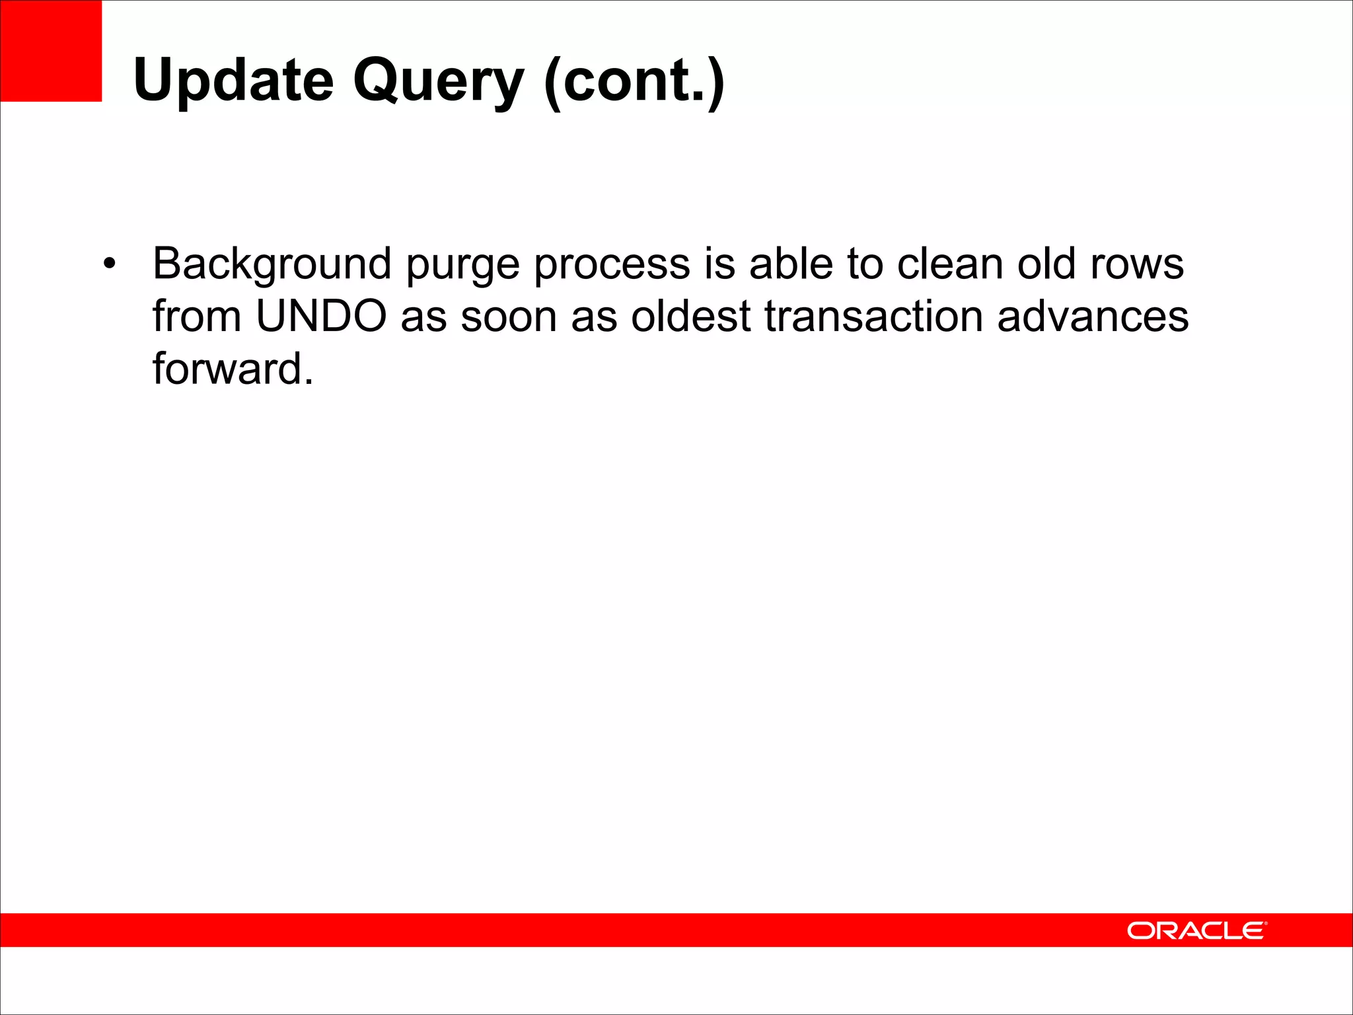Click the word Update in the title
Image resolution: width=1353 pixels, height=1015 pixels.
coord(233,81)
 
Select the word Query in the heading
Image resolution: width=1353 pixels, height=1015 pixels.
coord(438,81)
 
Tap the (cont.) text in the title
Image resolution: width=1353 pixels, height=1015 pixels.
coord(634,81)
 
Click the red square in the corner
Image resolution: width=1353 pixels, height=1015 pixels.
coord(51,51)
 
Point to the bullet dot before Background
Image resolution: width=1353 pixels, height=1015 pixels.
coord(109,264)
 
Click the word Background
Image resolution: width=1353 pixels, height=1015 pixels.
coord(272,264)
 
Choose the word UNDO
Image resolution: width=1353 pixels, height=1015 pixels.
coord(321,316)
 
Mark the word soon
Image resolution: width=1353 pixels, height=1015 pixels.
coord(509,317)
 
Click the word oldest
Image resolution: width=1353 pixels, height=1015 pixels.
coord(690,316)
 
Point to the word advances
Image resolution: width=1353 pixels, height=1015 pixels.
coord(1093,317)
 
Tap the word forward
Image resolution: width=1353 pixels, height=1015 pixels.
coord(233,369)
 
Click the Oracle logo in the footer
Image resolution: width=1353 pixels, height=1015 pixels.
coord(1196,930)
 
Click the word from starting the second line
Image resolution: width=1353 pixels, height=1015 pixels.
coord(196,316)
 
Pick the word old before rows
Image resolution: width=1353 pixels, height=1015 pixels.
coord(1046,264)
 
